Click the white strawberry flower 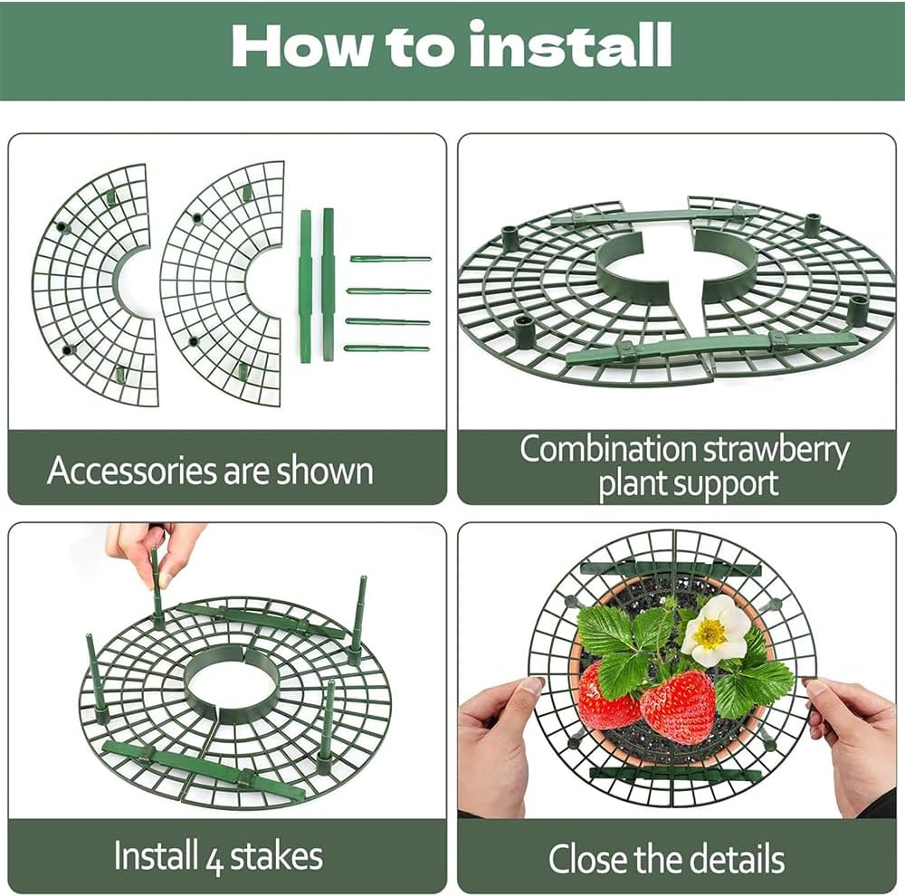(716, 631)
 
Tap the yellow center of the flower (710, 634)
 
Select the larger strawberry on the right (678, 706)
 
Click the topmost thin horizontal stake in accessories (391, 259)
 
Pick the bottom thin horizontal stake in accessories (386, 348)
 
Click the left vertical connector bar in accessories (306, 286)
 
